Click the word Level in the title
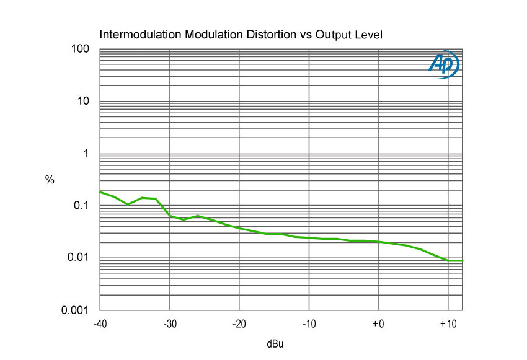369,35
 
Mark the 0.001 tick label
77,310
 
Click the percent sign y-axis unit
50,180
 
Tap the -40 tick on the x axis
99,324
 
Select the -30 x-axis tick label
169,324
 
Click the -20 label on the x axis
239,324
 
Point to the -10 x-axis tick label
309,324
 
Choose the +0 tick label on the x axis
378,324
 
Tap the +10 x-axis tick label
448,324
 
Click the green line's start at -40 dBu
100,192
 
